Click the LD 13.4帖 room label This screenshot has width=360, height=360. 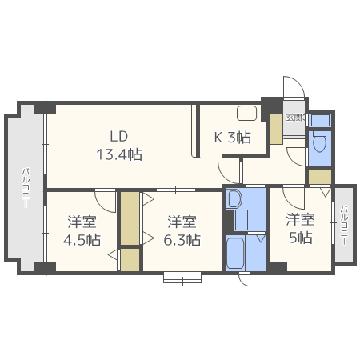119,146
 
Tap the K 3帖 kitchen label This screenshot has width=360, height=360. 233,138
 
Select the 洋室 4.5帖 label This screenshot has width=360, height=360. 82,230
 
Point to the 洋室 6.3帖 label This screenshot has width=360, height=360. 182,230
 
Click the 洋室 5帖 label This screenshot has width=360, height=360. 301,229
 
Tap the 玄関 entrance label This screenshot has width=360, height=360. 296,118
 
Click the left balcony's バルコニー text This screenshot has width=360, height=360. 26,187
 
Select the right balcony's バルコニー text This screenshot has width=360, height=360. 344,226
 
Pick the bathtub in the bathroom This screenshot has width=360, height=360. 235,253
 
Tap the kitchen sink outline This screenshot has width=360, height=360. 247,114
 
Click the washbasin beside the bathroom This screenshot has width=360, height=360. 234,198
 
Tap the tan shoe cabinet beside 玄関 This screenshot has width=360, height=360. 276,129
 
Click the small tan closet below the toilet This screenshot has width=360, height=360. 320,177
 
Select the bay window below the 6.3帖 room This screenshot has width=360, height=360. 182,278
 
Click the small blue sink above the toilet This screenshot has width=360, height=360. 320,120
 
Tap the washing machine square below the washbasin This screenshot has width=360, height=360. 242,220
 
